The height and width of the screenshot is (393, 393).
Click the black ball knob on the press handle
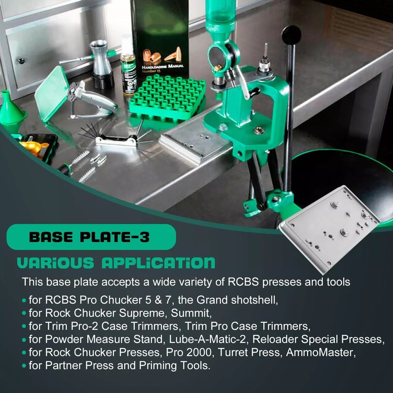(291, 35)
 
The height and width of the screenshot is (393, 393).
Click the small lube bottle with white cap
(129, 66)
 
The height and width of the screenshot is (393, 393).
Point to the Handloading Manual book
(160, 38)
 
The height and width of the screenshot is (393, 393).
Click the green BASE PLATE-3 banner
(91, 237)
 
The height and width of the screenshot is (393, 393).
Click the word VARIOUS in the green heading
(55, 263)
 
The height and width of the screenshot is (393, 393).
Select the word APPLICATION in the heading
(158, 263)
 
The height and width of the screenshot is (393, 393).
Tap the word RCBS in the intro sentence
(243, 282)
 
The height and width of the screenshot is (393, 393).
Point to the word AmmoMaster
(321, 352)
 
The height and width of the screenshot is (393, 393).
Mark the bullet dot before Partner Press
(24, 365)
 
